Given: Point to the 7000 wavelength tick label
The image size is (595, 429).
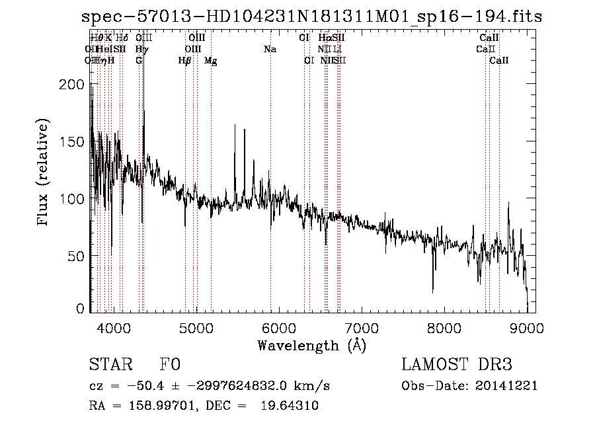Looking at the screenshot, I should click(x=362, y=328).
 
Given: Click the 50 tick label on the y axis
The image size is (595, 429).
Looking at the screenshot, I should click(x=77, y=255).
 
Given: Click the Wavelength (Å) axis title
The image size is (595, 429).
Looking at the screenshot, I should click(x=311, y=345).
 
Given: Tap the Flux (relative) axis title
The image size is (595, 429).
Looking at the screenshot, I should click(x=44, y=173).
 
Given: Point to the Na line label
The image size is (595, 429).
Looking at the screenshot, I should click(x=270, y=50).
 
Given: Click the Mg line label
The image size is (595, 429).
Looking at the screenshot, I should click(x=210, y=61).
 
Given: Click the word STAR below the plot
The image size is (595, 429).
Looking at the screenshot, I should click(x=108, y=366).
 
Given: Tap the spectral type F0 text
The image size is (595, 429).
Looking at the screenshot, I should click(x=170, y=366).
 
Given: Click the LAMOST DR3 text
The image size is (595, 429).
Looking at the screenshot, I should click(x=457, y=366).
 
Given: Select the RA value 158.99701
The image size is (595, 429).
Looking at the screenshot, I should click(x=163, y=407).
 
